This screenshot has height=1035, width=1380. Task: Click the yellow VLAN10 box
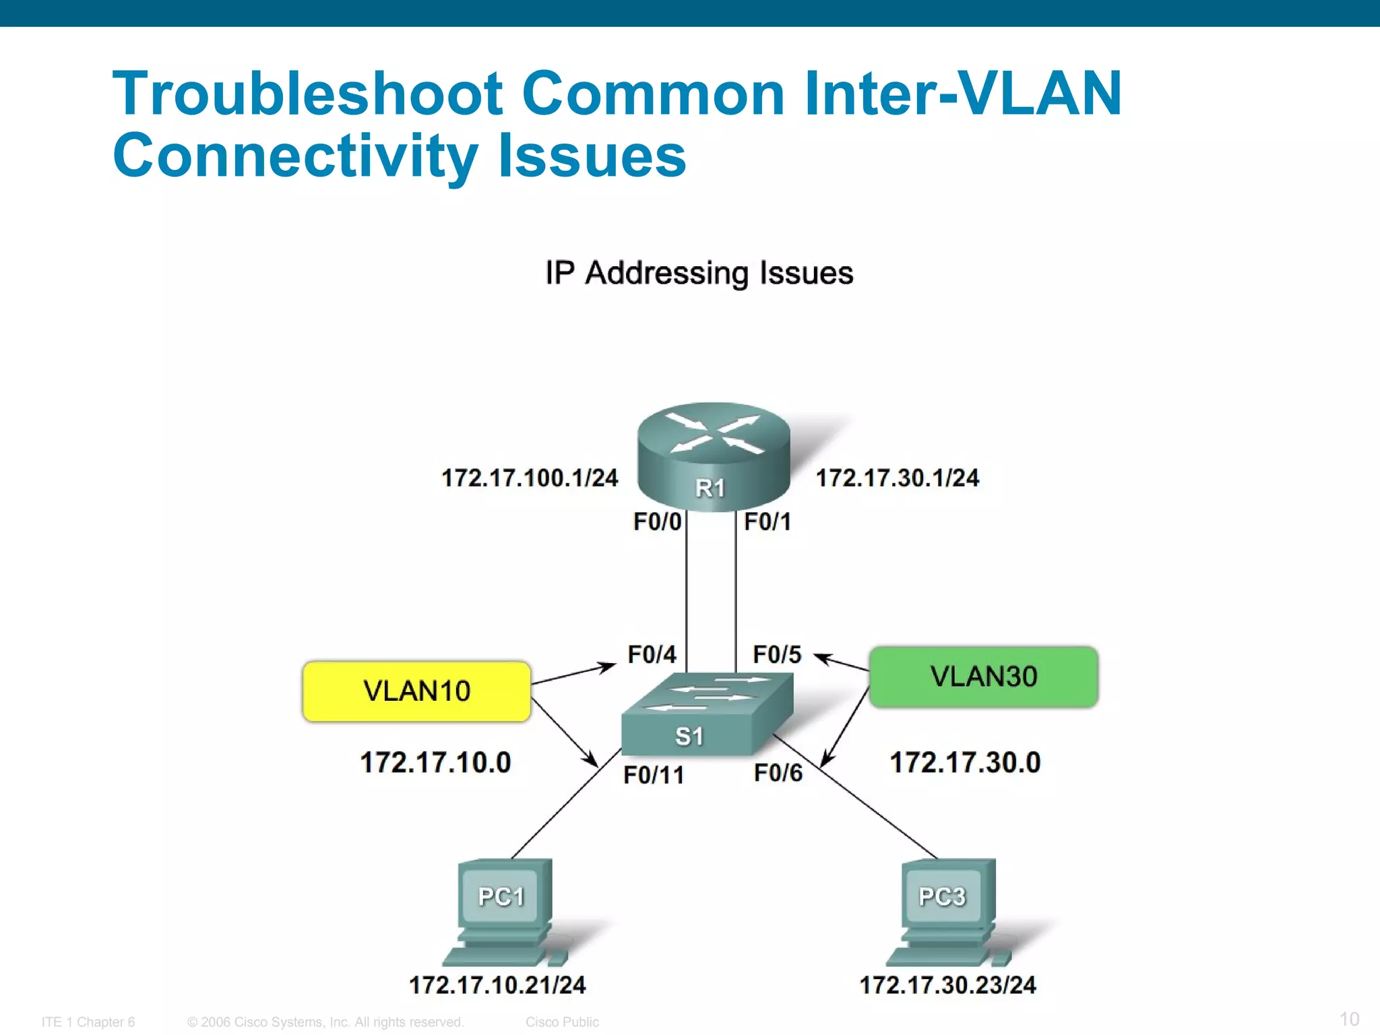pos(417,691)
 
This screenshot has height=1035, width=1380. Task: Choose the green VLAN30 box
pos(983,677)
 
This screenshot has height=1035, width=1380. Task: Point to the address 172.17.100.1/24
pos(530,478)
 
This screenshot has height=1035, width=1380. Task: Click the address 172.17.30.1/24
pos(898,478)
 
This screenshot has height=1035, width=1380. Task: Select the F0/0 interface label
pos(657,522)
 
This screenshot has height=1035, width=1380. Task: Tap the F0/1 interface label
pos(767,522)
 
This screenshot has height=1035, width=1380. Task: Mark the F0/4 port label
pos(652,654)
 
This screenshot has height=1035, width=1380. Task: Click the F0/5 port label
pos(777,654)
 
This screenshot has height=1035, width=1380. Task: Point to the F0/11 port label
pos(653,775)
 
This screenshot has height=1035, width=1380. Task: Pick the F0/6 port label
pos(778,773)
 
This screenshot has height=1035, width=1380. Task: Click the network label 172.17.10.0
pos(435,763)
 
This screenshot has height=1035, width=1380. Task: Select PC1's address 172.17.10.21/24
pos(497,985)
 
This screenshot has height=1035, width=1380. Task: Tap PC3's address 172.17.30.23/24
pos(947,985)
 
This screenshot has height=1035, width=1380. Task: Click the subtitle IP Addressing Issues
pos(699,274)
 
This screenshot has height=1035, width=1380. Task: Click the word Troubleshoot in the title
pos(307,94)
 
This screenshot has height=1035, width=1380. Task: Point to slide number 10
pos(1349,1019)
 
